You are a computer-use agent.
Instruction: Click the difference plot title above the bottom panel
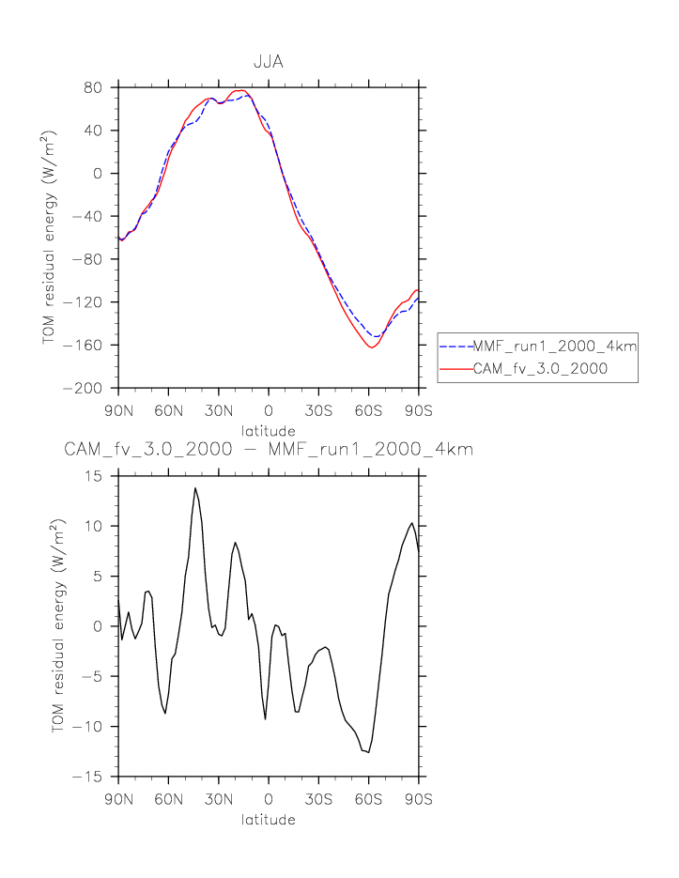[x=269, y=450]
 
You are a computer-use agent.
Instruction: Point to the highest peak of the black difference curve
[x=195, y=487]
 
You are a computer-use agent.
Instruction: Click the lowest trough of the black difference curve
[x=368, y=752]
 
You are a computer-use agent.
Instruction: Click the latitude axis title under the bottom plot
[x=269, y=820]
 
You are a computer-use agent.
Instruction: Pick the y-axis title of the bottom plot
[x=58, y=626]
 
